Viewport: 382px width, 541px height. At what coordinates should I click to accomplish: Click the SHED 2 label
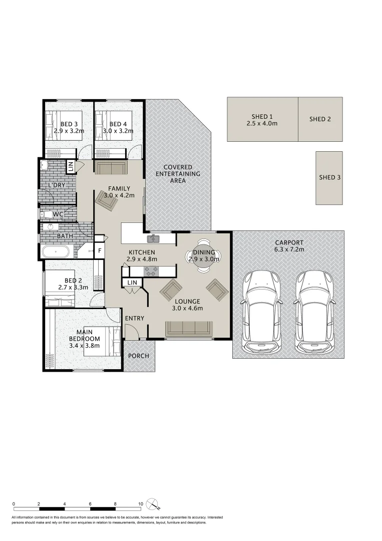pos(320,119)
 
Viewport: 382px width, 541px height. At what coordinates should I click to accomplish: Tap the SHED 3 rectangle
pos(329,177)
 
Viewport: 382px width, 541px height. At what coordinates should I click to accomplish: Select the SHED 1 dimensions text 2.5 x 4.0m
pos(262,123)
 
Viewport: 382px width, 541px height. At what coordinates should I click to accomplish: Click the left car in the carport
pos(262,311)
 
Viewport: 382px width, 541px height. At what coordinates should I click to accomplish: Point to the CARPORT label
pos(289,242)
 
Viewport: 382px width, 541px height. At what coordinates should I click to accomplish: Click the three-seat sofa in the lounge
pos(189,328)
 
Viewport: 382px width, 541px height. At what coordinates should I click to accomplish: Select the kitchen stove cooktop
pos(151,271)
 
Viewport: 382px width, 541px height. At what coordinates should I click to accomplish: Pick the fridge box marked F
pos(100,251)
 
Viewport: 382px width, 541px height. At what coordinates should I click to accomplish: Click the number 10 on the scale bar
pos(141,504)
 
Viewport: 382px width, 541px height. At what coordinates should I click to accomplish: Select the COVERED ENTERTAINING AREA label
pos(178,174)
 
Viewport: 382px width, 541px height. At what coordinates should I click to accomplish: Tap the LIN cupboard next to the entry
pos(132,283)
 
